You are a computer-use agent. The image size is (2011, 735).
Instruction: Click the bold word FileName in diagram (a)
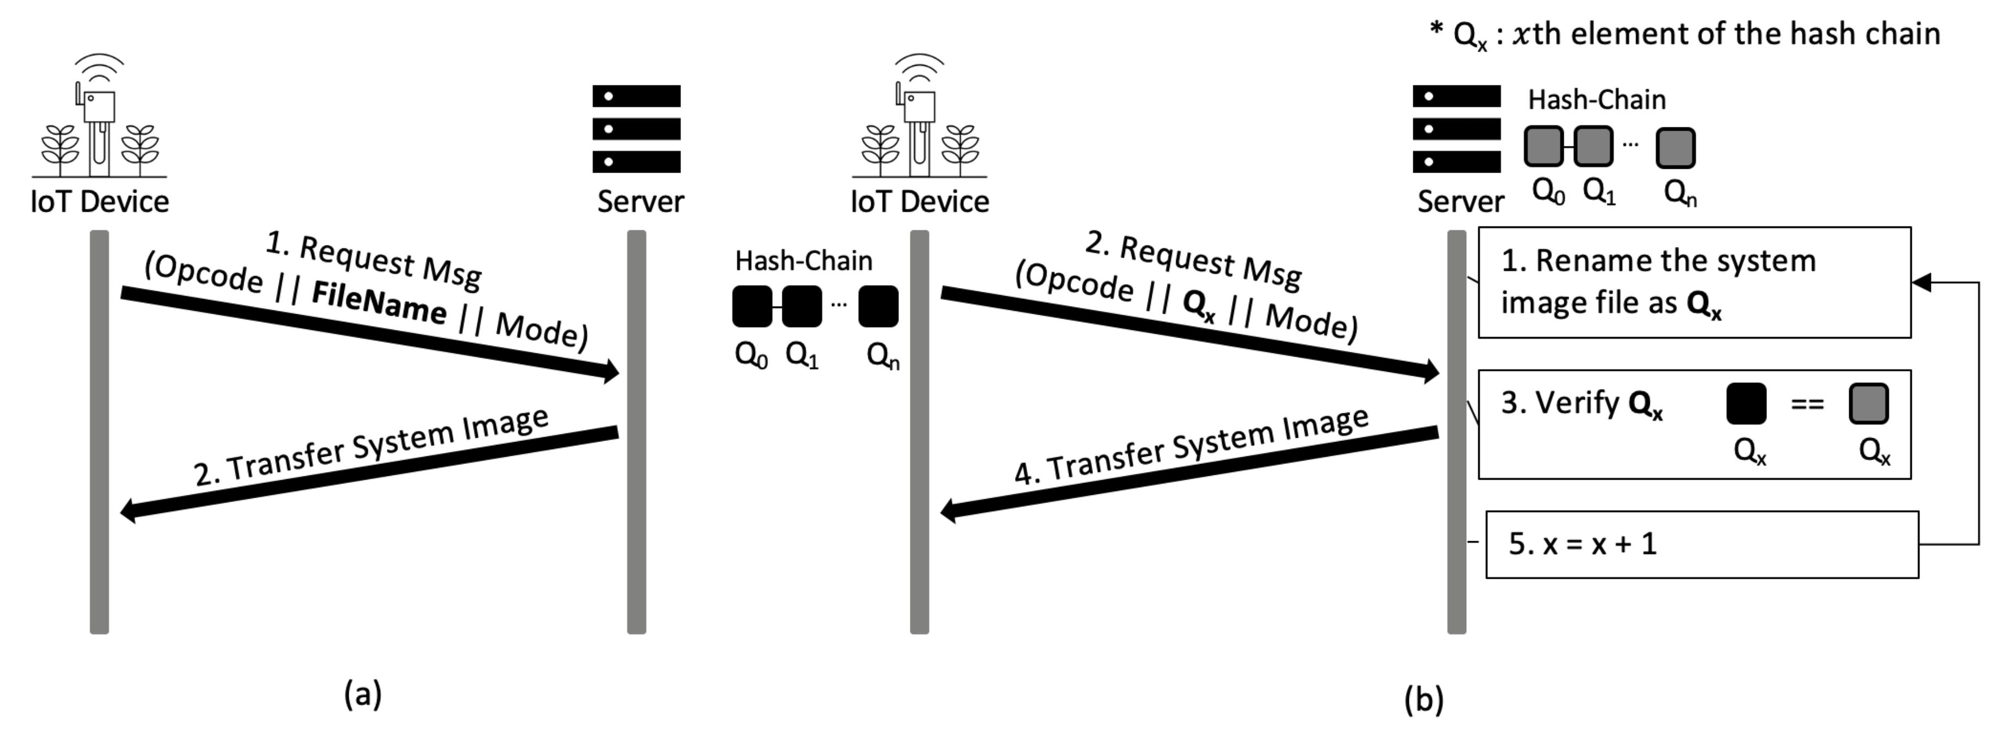(x=379, y=303)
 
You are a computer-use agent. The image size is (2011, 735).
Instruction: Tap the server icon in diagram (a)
(x=636, y=128)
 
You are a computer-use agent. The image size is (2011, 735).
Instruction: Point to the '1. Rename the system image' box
(x=1694, y=283)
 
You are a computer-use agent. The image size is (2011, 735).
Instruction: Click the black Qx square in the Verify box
(x=1746, y=403)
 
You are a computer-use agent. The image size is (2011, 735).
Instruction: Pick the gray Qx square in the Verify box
(x=1868, y=403)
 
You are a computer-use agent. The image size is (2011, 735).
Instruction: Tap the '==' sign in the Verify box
(x=1807, y=404)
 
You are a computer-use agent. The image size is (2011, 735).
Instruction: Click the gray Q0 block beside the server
(x=1544, y=146)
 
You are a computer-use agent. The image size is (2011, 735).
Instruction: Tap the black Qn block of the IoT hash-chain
(x=878, y=307)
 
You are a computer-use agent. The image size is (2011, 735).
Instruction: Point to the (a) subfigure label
(x=363, y=693)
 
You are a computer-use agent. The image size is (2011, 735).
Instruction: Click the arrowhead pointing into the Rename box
(x=1922, y=283)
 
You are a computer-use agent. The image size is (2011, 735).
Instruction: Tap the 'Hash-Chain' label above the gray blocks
(x=1596, y=100)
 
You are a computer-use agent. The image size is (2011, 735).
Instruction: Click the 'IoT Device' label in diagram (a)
(x=99, y=201)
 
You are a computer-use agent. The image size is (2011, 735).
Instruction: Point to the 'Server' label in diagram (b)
(x=1460, y=201)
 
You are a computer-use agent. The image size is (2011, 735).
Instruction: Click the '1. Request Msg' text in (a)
(x=373, y=259)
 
